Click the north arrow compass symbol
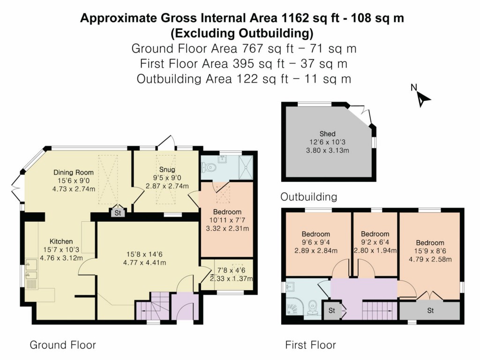click(x=423, y=97)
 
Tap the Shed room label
click(x=328, y=134)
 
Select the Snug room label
click(x=167, y=169)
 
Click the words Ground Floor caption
click(x=63, y=345)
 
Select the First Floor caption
click(x=310, y=345)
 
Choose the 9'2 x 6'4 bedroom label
click(x=375, y=242)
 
